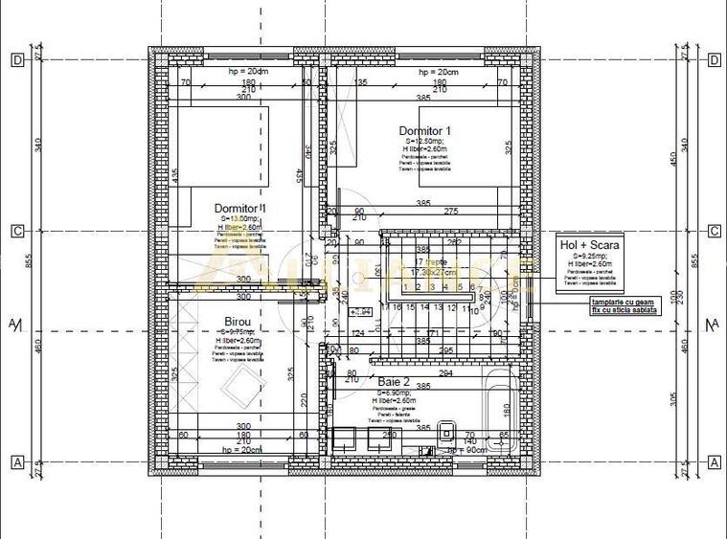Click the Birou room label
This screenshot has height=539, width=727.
238,322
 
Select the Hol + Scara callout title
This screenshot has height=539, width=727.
589,245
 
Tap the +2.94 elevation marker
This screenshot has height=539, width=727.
361,311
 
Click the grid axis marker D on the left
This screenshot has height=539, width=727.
17,60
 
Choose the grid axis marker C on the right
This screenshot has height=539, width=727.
715,231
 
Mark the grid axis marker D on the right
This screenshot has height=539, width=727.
715,60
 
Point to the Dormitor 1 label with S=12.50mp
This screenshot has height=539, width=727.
424,130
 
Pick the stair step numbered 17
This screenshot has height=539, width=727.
384,307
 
